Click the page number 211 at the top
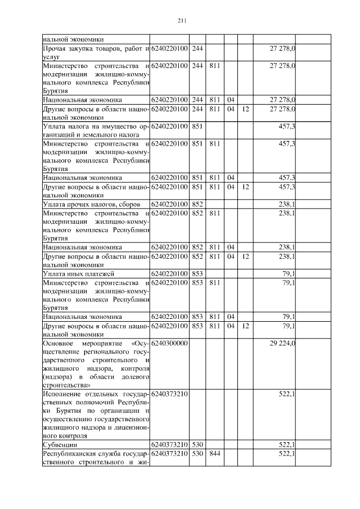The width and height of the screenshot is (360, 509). click(x=181, y=21)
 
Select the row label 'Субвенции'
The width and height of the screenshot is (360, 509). click(x=58, y=444)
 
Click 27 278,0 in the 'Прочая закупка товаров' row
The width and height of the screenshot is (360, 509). click(x=283, y=49)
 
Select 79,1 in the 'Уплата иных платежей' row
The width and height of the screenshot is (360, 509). click(x=290, y=273)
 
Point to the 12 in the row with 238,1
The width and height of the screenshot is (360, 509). click(x=245, y=256)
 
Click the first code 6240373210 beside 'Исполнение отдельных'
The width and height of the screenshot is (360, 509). click(x=169, y=394)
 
